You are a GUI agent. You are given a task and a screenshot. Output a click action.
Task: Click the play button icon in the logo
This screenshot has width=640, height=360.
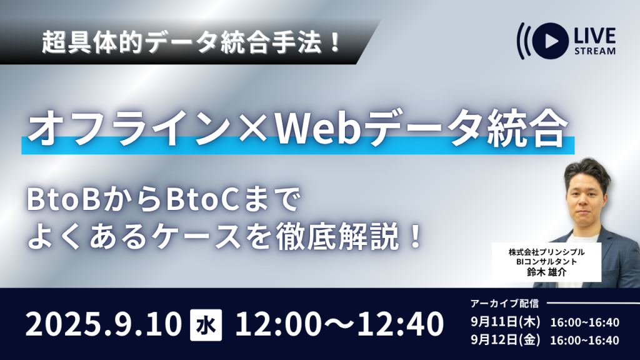[550, 41]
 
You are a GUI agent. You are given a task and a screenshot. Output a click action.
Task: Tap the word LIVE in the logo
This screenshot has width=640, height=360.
[595, 36]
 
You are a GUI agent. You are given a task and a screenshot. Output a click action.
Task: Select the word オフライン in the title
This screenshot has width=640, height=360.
[130, 129]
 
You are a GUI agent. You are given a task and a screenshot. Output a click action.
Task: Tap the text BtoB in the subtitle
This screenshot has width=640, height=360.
[64, 201]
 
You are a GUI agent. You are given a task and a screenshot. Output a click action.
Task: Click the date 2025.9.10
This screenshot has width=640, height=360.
[104, 324]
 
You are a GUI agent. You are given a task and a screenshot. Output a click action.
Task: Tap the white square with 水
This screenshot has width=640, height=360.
[206, 325]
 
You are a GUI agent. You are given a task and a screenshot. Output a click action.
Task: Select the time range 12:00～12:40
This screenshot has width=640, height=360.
[339, 324]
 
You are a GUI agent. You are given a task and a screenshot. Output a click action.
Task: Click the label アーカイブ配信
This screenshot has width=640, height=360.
[504, 303]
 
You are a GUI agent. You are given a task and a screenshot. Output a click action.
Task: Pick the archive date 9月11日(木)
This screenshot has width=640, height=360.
[505, 322]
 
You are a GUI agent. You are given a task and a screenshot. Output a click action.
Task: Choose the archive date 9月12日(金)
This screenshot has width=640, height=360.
[505, 340]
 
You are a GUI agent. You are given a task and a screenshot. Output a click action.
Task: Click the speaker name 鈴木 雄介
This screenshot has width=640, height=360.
[546, 272]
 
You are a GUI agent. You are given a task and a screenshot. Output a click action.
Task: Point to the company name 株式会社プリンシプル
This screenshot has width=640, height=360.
[546, 252]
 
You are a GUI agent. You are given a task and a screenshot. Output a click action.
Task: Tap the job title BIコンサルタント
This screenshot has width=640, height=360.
[546, 262]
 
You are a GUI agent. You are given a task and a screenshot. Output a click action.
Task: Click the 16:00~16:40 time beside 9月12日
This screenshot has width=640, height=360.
[585, 341]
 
